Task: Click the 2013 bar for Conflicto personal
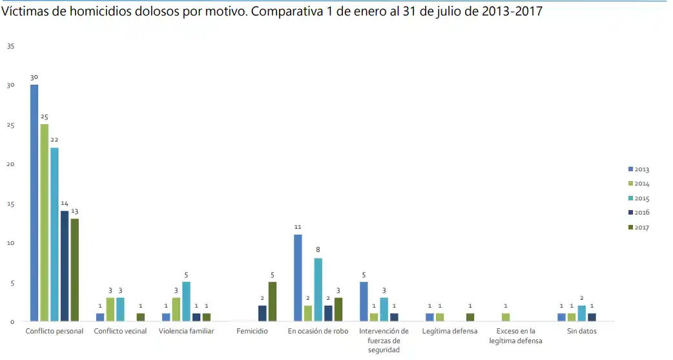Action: [34, 203]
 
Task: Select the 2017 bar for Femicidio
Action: [273, 302]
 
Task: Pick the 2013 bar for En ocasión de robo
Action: [298, 278]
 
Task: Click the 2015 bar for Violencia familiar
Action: [186, 302]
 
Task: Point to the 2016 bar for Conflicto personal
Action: [65, 266]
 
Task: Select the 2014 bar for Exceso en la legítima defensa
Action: [506, 317]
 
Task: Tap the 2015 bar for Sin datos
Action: [581, 313]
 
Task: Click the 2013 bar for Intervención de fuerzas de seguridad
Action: [364, 302]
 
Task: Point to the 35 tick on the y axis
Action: [11, 46]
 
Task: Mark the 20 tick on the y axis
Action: [11, 164]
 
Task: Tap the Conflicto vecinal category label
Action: [120, 331]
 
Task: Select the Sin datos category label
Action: [582, 331]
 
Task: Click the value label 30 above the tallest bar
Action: [34, 77]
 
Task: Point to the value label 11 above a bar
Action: [298, 227]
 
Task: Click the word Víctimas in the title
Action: [26, 12]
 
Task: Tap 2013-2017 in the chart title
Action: [508, 12]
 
